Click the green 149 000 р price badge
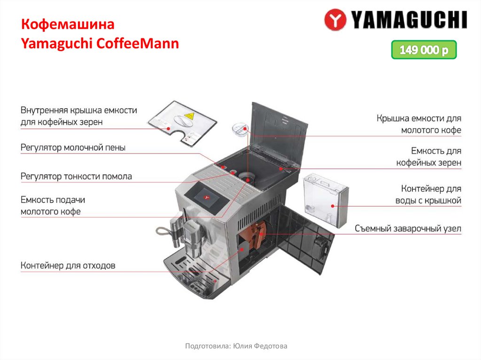pyautogui.click(x=424, y=50)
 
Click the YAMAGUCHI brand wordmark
pyautogui.click(x=408, y=20)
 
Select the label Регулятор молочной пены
pyautogui.click(x=73, y=148)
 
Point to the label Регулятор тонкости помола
pyautogui.click(x=76, y=176)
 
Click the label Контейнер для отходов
pyautogui.click(x=68, y=266)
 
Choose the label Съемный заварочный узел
pyautogui.click(x=408, y=229)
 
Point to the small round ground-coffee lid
pyautogui.click(x=241, y=128)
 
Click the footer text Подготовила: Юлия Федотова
pyautogui.click(x=236, y=346)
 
